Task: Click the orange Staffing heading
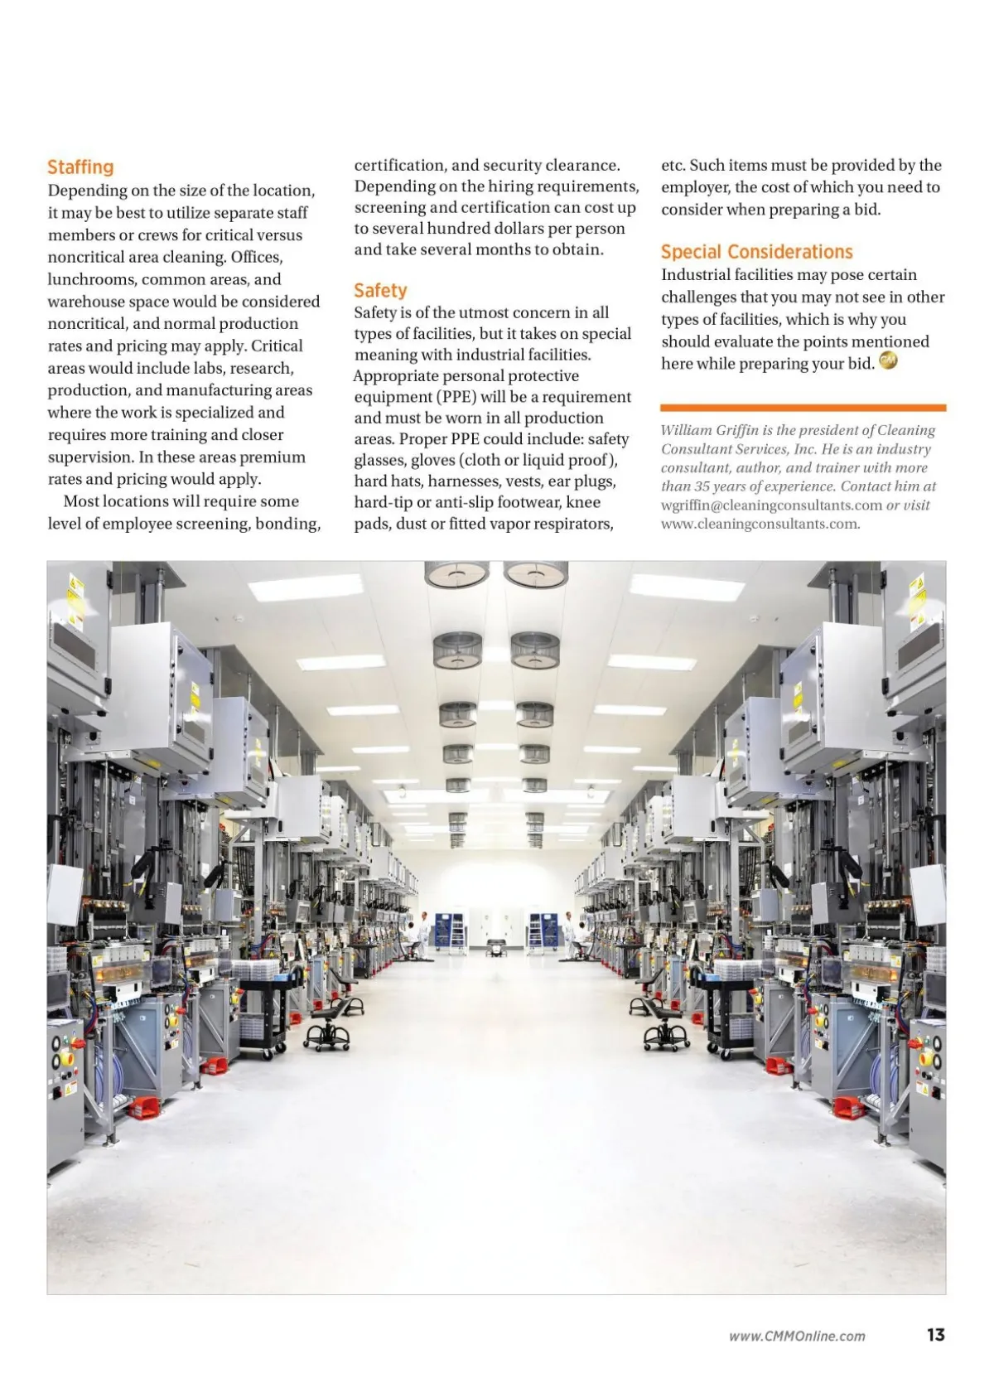80,167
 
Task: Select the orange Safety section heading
380,291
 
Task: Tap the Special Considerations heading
756,252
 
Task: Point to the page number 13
935,1335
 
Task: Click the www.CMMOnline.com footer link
797,1336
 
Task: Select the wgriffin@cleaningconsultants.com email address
771,505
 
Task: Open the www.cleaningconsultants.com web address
760,524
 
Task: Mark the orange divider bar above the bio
803,408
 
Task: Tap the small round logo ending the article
887,361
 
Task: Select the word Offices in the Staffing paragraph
257,258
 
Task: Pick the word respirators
572,524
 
